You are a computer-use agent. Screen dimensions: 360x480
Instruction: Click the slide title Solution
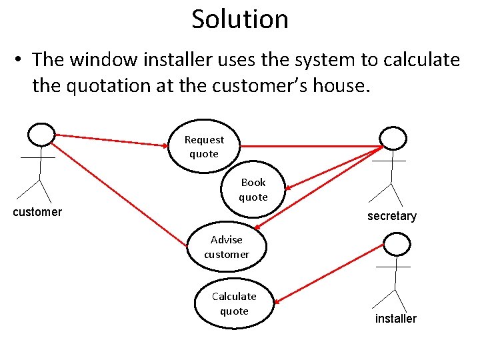pos(240,19)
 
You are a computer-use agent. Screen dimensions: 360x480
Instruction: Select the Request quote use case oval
pos(204,147)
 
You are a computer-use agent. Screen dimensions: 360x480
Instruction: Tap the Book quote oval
pos(253,189)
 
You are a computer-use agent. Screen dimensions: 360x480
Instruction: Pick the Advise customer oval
pos(227,247)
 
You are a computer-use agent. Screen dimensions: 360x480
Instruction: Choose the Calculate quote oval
pos(234,303)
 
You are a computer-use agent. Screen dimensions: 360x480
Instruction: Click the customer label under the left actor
pos(38,212)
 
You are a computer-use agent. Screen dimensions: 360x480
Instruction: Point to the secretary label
pos(392,216)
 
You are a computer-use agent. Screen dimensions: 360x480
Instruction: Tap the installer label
pos(395,319)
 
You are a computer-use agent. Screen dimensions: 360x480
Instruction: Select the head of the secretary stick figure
pos(393,138)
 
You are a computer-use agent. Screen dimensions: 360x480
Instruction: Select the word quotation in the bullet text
pos(114,85)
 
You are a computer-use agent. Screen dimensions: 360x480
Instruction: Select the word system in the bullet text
pos(324,60)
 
